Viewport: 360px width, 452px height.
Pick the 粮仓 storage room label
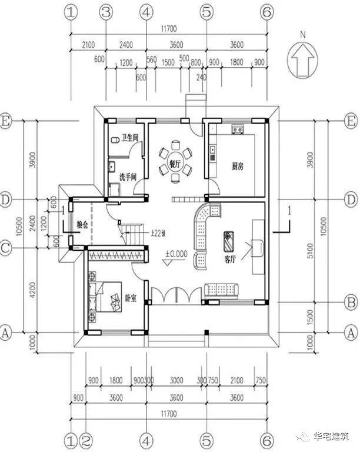coord(83,224)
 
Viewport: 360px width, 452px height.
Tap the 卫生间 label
coord(129,138)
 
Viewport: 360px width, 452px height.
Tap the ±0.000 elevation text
coord(175,255)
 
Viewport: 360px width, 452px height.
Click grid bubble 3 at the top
coord(106,12)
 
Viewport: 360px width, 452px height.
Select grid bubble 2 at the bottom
coord(86,440)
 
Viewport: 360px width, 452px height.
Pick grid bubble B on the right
coord(351,303)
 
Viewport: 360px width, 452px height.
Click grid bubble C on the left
coord(7,249)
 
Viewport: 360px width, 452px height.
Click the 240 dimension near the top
coord(202,77)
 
